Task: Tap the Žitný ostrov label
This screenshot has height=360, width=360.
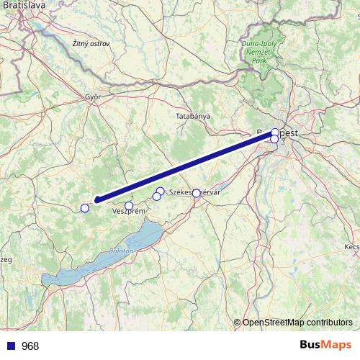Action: (x=91, y=45)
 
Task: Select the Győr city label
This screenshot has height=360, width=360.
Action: (x=92, y=96)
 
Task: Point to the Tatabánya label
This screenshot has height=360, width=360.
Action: (x=192, y=115)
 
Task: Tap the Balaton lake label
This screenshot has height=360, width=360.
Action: (x=120, y=250)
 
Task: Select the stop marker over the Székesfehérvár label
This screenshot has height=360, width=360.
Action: (x=196, y=193)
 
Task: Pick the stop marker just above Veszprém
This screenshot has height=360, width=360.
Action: (x=129, y=206)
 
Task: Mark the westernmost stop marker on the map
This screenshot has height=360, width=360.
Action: (x=84, y=208)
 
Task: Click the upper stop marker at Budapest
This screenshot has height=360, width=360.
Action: (x=275, y=132)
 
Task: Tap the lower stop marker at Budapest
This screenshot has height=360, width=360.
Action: (x=274, y=139)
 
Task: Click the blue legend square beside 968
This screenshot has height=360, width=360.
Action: (x=9, y=346)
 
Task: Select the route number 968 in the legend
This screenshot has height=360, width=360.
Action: (x=30, y=346)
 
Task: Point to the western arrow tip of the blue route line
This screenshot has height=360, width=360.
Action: (x=95, y=201)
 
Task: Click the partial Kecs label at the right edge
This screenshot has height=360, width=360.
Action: (x=351, y=246)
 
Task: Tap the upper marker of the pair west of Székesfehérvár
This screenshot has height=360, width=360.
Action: (x=161, y=191)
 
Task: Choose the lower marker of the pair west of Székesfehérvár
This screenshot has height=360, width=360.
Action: (x=156, y=197)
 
